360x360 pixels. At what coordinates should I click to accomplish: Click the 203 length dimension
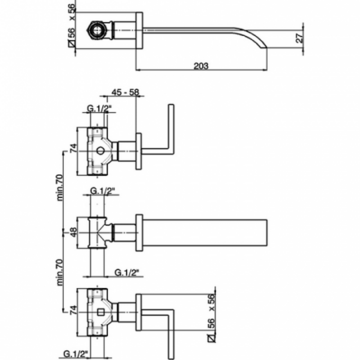pyautogui.click(x=201, y=66)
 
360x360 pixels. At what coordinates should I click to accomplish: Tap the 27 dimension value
pyautogui.click(x=300, y=38)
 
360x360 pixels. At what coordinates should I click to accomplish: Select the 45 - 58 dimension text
pyautogui.click(x=126, y=92)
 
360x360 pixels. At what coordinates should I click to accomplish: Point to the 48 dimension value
pyautogui.click(x=73, y=233)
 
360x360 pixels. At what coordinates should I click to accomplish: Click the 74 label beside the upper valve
pyautogui.click(x=73, y=148)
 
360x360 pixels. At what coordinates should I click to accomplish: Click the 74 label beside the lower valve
pyautogui.click(x=73, y=310)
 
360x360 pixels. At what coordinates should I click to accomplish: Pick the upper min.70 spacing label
pyautogui.click(x=60, y=187)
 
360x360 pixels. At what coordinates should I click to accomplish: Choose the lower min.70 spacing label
pyautogui.click(x=60, y=272)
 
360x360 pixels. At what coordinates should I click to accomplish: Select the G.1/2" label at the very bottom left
pyautogui.click(x=76, y=354)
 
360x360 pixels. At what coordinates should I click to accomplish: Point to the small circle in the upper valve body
pyautogui.click(x=100, y=151)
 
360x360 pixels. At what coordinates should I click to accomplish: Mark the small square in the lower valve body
pyautogui.click(x=100, y=312)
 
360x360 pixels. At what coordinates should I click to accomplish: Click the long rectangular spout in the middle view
pyautogui.click(x=205, y=233)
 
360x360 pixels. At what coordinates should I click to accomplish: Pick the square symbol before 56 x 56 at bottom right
pyautogui.click(x=211, y=338)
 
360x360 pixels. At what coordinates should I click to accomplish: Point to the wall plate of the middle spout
pyautogui.click(x=139, y=233)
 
